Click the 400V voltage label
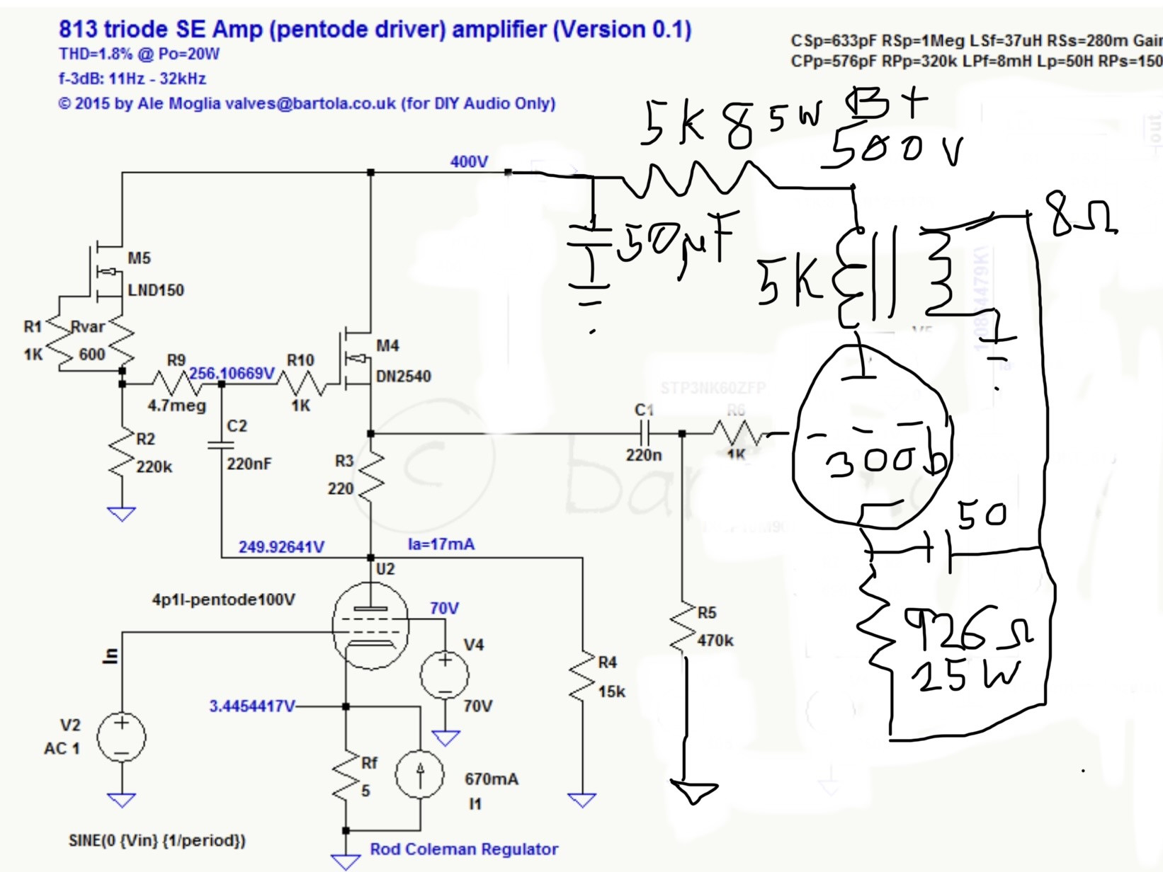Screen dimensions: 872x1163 coord(469,162)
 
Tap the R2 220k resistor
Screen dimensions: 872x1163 coord(122,453)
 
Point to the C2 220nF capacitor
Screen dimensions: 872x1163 coord(221,444)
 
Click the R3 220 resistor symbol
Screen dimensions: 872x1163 coord(370,473)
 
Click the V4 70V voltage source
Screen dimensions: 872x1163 coord(445,675)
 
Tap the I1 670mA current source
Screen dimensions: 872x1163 coord(420,774)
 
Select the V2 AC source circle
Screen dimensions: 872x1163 coord(121,738)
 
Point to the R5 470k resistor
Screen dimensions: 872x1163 coord(683,626)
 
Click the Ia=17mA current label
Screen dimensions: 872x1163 coord(441,544)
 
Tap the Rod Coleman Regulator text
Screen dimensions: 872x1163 coord(464,849)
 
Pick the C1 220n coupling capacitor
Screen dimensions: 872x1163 coord(645,432)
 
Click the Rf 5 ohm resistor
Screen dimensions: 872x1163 coord(346,775)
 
